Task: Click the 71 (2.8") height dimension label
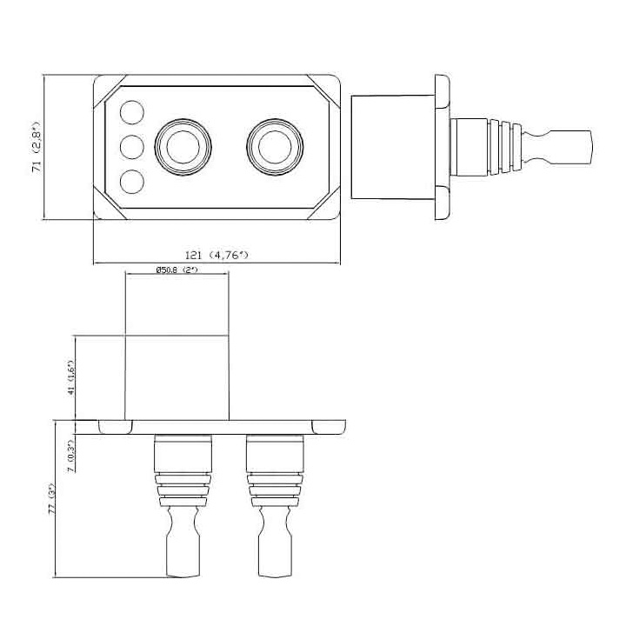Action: tap(36, 148)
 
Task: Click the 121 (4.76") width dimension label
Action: tap(216, 255)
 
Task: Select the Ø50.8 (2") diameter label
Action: tap(177, 270)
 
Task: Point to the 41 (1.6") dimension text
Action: tap(74, 377)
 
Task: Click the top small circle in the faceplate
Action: tap(131, 113)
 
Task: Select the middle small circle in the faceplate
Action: tap(131, 147)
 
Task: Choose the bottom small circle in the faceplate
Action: tap(131, 182)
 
